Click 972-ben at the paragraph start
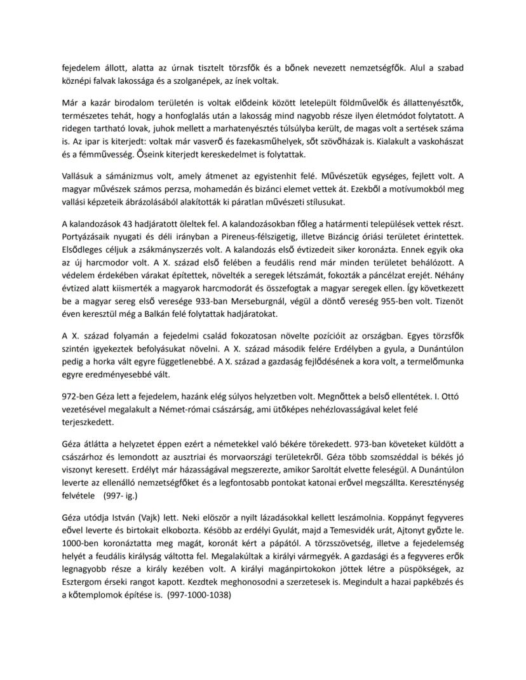click(78, 396)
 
